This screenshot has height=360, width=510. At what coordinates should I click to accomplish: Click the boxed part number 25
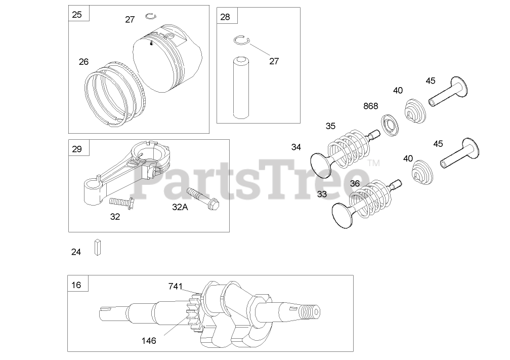pyautogui.click(x=77, y=14)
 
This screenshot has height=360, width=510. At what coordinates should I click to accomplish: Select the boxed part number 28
pyautogui.click(x=225, y=17)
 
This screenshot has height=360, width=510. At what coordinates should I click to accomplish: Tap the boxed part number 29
pyautogui.click(x=77, y=148)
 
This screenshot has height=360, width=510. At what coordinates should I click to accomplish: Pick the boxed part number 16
pyautogui.click(x=76, y=284)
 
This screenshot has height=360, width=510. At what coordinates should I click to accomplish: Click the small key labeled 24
pyautogui.click(x=98, y=248)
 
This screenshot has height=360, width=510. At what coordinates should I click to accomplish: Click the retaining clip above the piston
pyautogui.click(x=150, y=16)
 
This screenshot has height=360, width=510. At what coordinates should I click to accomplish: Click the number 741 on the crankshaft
pyautogui.click(x=176, y=287)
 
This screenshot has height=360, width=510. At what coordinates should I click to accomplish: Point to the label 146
pyautogui.click(x=148, y=341)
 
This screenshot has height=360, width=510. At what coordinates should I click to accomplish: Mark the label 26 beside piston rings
pyautogui.click(x=83, y=62)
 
